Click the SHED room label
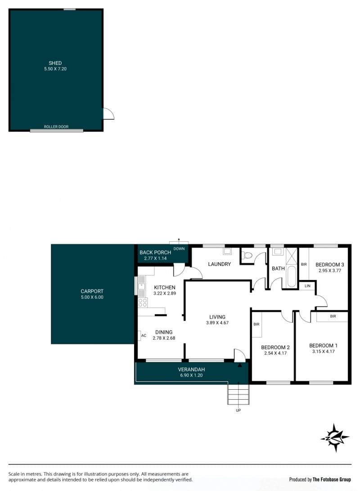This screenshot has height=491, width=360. pos(55,63)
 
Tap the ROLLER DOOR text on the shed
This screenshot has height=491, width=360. pos(56,126)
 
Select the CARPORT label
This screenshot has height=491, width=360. pos(92,291)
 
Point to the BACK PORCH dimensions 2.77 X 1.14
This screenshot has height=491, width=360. pos(155,258)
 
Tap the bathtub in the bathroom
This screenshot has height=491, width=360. pos(292,276)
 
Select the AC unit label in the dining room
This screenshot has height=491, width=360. pos(144,336)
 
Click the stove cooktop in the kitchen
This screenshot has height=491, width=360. pos(143,302)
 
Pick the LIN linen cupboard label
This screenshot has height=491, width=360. pos(307,286)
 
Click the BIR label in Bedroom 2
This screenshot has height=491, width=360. pos(256,324)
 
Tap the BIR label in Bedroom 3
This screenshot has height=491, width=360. pos(304,265)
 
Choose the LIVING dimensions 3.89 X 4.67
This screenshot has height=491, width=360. pos(217,323)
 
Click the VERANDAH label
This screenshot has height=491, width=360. pos(191,369)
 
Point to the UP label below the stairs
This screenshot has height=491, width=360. pos(238,410)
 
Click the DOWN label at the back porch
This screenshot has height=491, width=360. pos(179,248)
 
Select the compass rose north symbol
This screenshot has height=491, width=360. pos(335,437)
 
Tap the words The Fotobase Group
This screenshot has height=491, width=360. pos(332,479)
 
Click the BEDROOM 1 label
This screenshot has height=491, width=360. pos(324,346)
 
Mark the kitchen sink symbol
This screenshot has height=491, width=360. pos(141,286)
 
